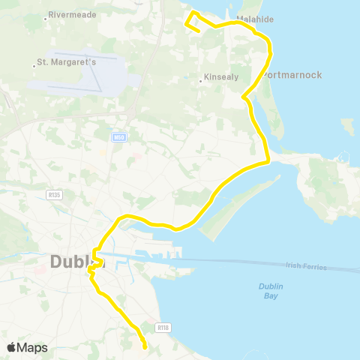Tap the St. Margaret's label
(68, 62)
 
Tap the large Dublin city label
(75, 262)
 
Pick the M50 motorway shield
(118, 136)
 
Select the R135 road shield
(53, 193)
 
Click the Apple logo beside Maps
(11, 347)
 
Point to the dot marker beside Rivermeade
(46, 15)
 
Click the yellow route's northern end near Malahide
(198, 31)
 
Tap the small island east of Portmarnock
(347, 125)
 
